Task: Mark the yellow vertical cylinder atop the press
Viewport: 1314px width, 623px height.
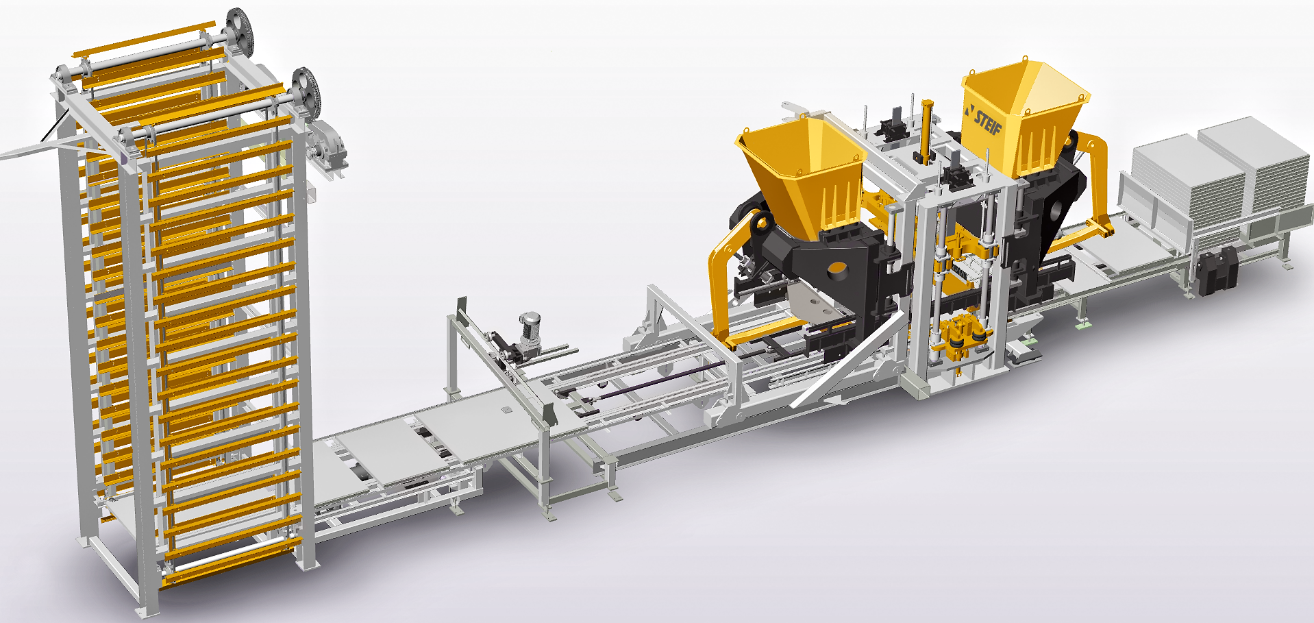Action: (927, 130)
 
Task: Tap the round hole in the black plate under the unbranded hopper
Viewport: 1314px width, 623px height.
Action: (836, 270)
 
